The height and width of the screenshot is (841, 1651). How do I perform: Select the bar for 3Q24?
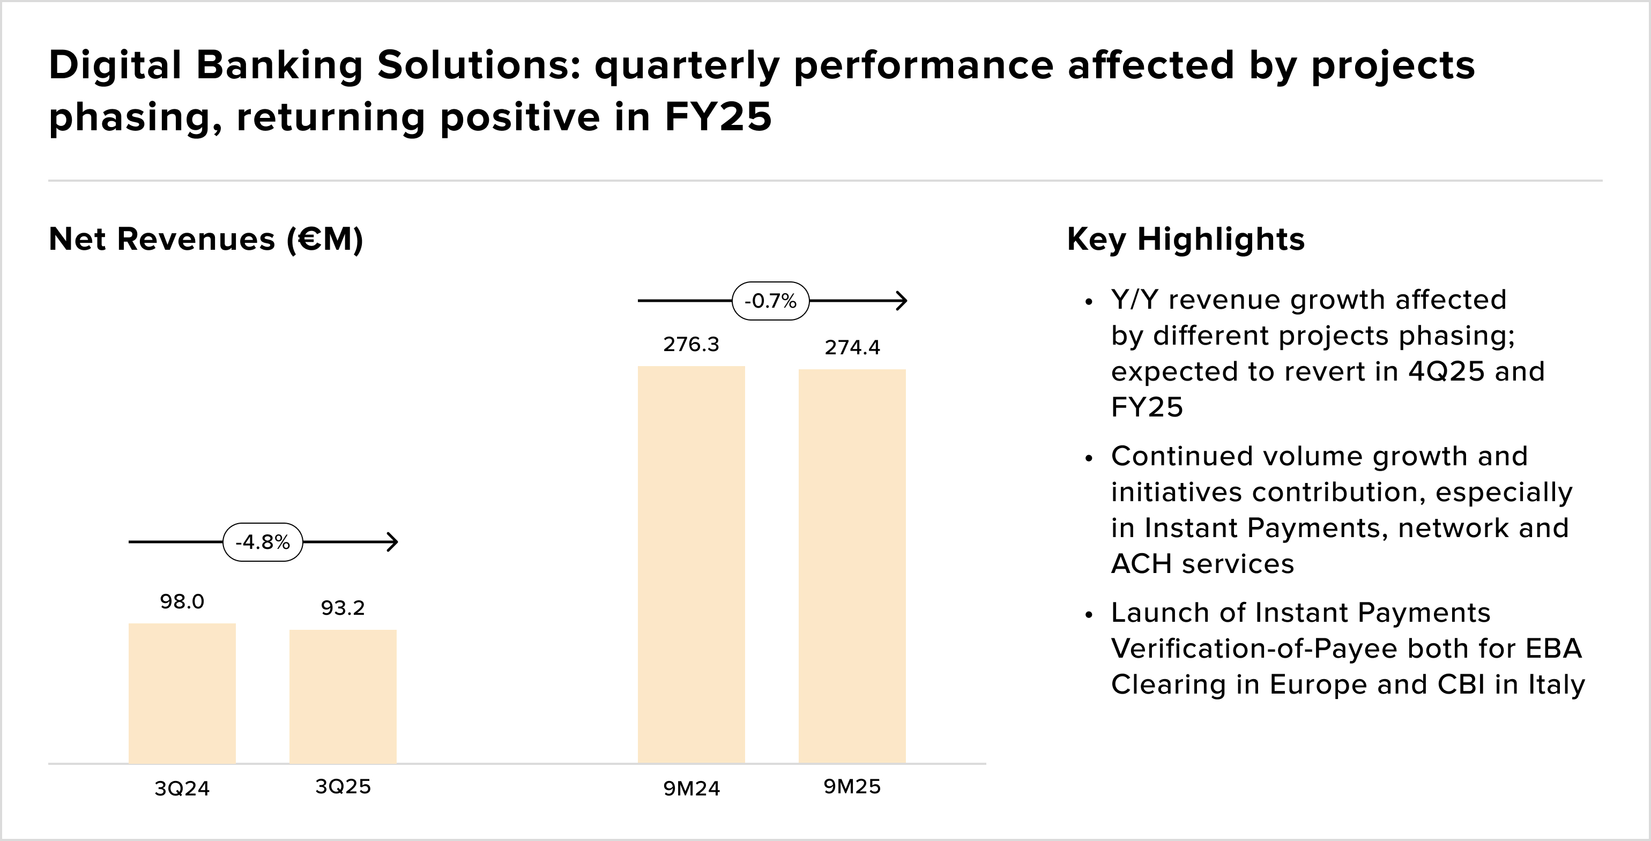point(182,693)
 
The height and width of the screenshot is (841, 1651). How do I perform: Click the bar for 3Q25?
point(343,696)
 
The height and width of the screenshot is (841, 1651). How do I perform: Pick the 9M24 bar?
point(691,564)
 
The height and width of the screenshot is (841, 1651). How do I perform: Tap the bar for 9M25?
point(852,565)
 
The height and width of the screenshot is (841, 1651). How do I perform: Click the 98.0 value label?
point(182,601)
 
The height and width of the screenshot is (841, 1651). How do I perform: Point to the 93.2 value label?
point(343,608)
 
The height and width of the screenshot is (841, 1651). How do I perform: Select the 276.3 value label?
point(691,345)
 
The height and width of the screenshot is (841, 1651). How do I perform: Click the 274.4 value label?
point(852,347)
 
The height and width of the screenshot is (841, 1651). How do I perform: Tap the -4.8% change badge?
point(263,542)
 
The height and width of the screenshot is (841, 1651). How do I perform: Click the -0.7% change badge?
point(770,301)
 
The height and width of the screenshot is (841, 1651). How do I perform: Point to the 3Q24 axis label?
point(182,788)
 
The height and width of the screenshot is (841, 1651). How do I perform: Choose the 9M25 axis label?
point(852,786)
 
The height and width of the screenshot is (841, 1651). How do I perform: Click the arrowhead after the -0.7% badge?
point(902,301)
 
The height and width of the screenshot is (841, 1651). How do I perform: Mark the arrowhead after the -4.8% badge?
point(393,542)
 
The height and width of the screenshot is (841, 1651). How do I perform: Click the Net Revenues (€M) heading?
point(206,239)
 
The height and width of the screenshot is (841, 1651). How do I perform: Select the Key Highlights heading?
point(1186,239)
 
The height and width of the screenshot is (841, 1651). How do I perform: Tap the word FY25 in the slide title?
point(718,117)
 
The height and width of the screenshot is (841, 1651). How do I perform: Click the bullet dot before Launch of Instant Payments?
point(1088,615)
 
